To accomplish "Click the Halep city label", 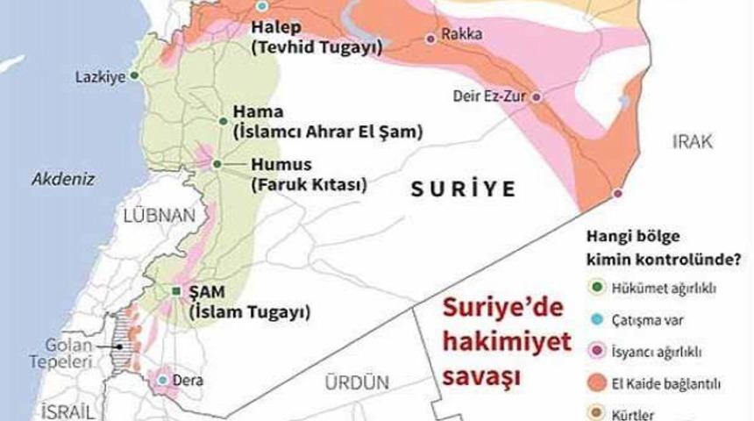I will tap(275, 31).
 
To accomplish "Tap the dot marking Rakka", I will tap(430, 38).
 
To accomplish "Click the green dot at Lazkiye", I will tap(134, 75).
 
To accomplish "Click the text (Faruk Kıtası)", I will tap(307, 184).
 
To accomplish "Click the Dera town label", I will tap(190, 381).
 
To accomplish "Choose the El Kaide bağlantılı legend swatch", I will tap(596, 383).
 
